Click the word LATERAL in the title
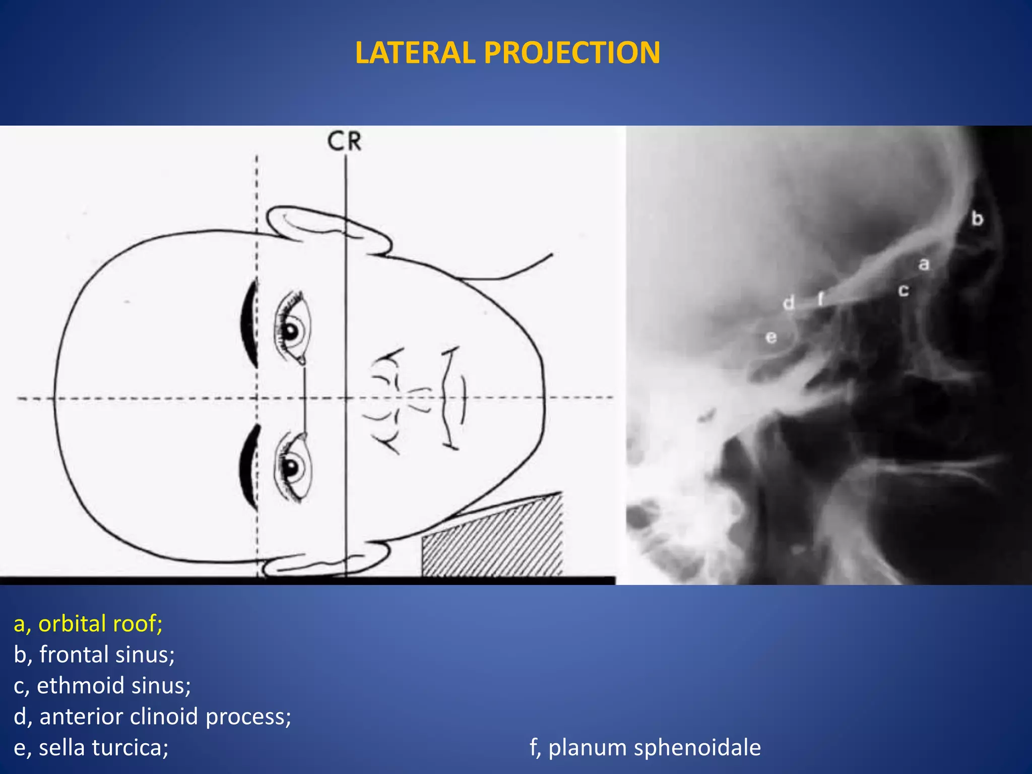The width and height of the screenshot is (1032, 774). pyautogui.click(x=415, y=53)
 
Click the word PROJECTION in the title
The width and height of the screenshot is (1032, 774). pyautogui.click(x=572, y=53)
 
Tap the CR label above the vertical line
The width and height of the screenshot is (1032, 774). pyautogui.click(x=344, y=141)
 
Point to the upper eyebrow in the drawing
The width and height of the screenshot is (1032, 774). pyautogui.click(x=249, y=322)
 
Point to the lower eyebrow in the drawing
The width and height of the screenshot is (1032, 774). pyautogui.click(x=249, y=467)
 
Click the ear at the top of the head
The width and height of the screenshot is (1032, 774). pyautogui.click(x=328, y=229)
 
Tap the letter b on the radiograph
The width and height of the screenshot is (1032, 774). pyautogui.click(x=977, y=219)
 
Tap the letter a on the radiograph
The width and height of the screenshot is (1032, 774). pyautogui.click(x=924, y=264)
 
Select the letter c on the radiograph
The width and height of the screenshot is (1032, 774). pyautogui.click(x=904, y=290)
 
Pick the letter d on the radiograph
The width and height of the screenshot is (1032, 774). pyautogui.click(x=789, y=303)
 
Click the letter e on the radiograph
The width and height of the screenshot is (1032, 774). pyautogui.click(x=771, y=337)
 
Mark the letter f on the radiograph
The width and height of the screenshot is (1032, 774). pyautogui.click(x=820, y=299)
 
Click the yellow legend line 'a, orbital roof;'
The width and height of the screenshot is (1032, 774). pyautogui.click(x=88, y=624)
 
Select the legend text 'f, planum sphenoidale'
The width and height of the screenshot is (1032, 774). pyautogui.click(x=645, y=747)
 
